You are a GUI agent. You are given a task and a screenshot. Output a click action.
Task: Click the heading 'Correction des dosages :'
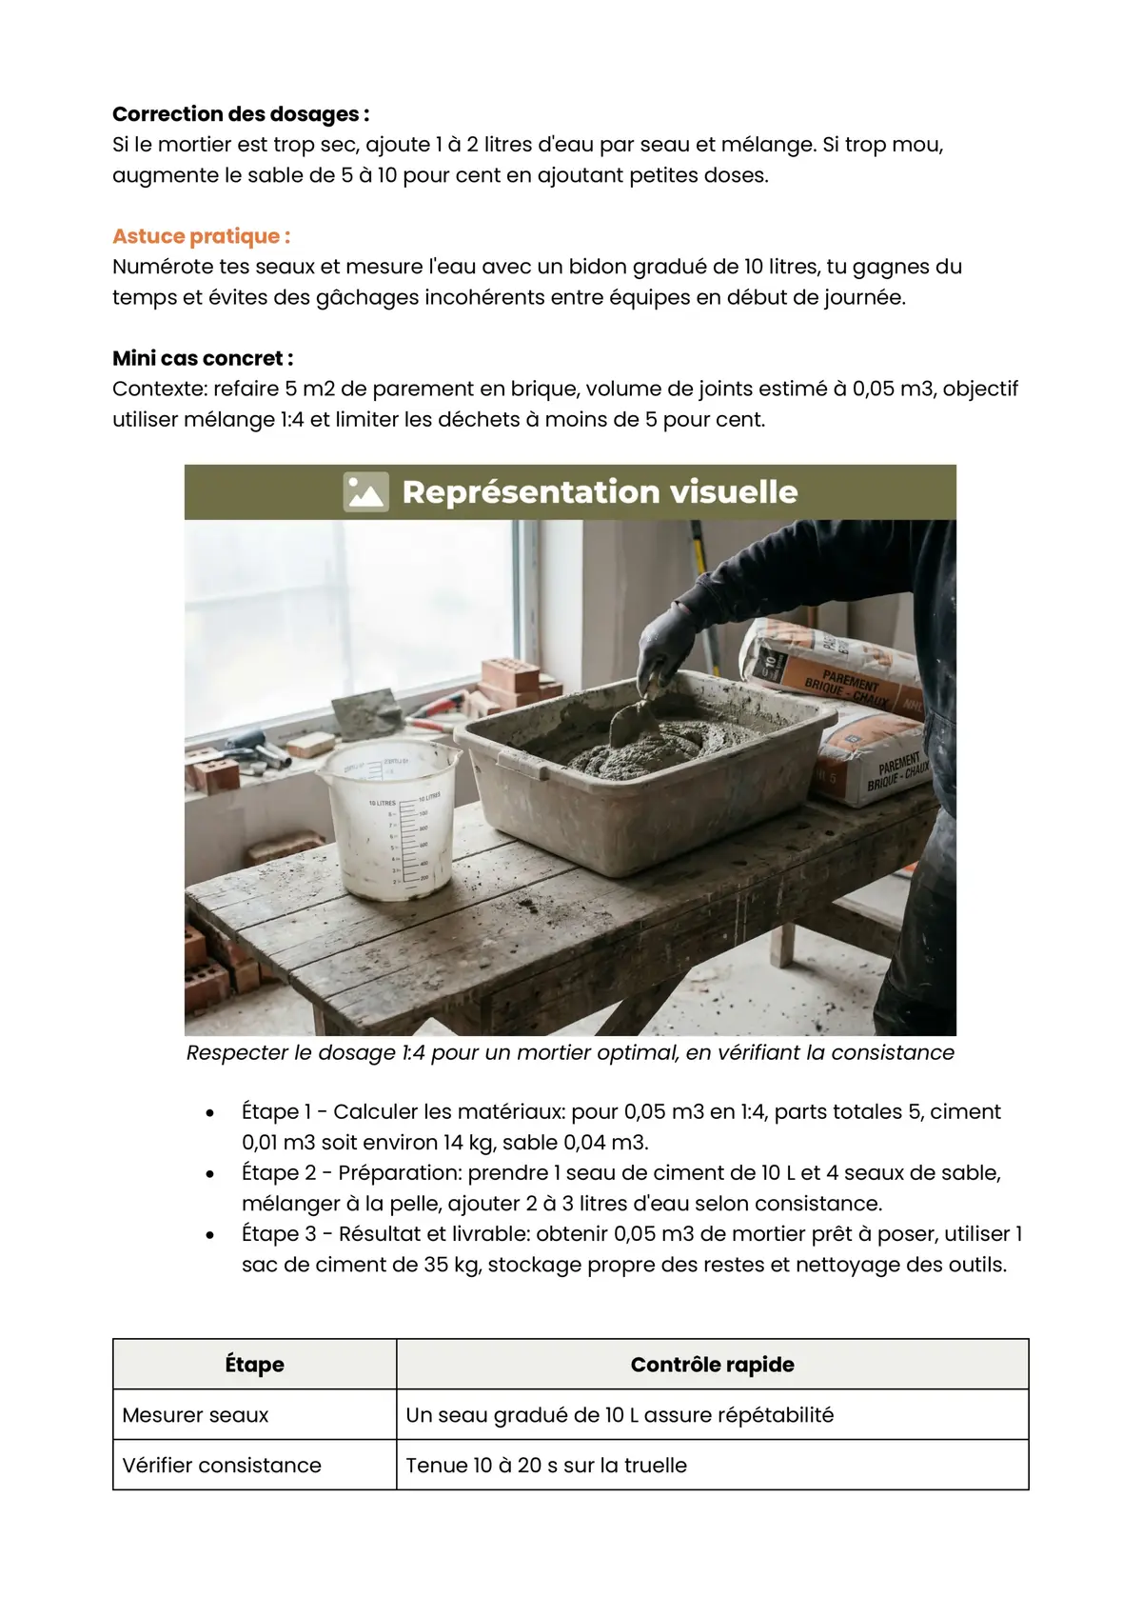(241, 114)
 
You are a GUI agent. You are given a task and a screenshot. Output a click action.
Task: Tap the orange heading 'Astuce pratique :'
(201, 236)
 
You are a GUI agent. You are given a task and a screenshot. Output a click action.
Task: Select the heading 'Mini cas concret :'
(203, 358)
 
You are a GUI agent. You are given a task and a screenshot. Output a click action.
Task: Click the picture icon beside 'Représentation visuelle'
(365, 491)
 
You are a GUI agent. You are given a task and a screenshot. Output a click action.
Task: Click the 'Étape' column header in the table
(254, 1364)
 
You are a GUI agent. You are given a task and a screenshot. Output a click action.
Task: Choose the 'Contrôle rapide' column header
(712, 1364)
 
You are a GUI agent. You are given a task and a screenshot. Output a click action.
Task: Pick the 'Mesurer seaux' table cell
(195, 1415)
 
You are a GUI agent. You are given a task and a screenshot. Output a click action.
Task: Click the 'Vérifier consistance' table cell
(222, 1466)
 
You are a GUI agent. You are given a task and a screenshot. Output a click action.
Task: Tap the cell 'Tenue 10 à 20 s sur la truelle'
(546, 1466)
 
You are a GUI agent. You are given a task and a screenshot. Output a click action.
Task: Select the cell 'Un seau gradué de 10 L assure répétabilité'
(620, 1415)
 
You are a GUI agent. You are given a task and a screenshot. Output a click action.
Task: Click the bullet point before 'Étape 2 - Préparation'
(209, 1174)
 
